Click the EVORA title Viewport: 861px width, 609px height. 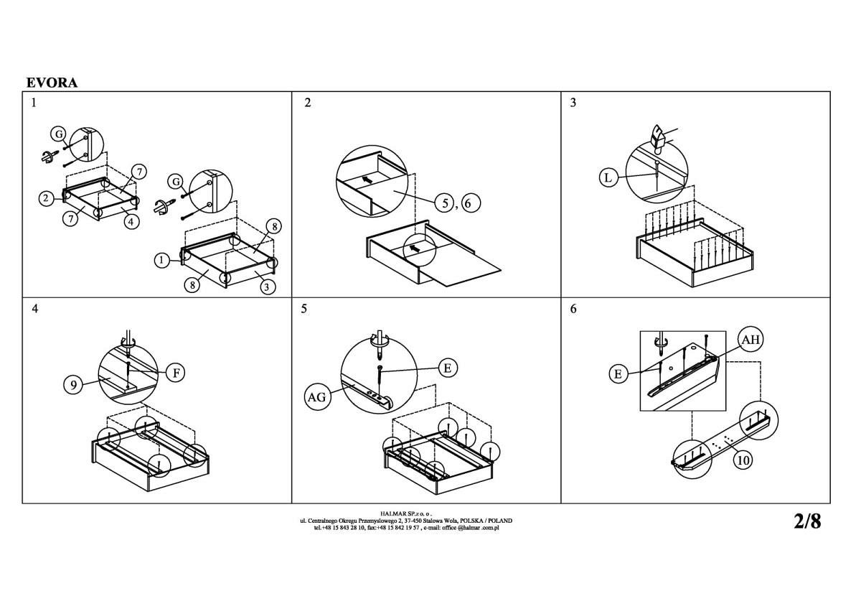click(x=52, y=83)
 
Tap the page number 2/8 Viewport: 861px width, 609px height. click(x=807, y=521)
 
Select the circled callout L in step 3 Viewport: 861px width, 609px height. click(x=608, y=178)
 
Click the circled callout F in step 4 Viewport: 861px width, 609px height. click(x=176, y=373)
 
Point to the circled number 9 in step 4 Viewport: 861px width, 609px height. click(x=73, y=385)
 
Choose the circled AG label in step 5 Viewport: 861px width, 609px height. click(x=316, y=397)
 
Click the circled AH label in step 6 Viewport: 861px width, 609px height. click(x=751, y=339)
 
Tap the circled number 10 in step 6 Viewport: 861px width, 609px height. click(x=743, y=460)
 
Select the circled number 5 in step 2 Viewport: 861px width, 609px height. click(x=445, y=203)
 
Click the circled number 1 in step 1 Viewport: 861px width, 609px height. click(x=162, y=261)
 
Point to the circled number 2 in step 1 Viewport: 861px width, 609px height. click(x=47, y=198)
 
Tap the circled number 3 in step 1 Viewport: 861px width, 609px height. click(x=267, y=287)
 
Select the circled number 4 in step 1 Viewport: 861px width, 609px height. click(x=131, y=222)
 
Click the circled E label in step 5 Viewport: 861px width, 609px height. click(x=448, y=368)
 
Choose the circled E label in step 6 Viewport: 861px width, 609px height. click(x=618, y=374)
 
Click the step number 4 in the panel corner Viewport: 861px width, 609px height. click(x=35, y=309)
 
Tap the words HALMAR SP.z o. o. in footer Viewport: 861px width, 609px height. click(x=406, y=513)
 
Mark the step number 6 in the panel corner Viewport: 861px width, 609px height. click(x=573, y=309)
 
